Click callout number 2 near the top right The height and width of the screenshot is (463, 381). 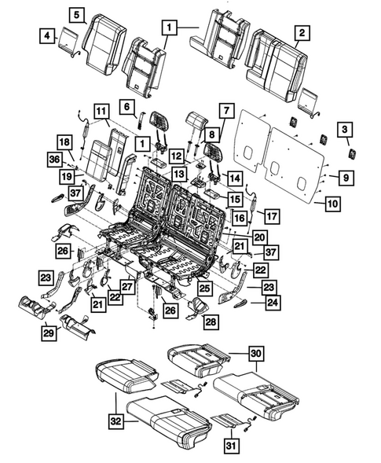(300, 32)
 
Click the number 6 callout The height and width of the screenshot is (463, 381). (126, 105)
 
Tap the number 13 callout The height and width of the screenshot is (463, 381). (180, 174)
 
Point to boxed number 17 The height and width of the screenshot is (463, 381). (270, 214)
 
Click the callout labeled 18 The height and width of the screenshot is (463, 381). (64, 141)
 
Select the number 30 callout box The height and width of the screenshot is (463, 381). (257, 354)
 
